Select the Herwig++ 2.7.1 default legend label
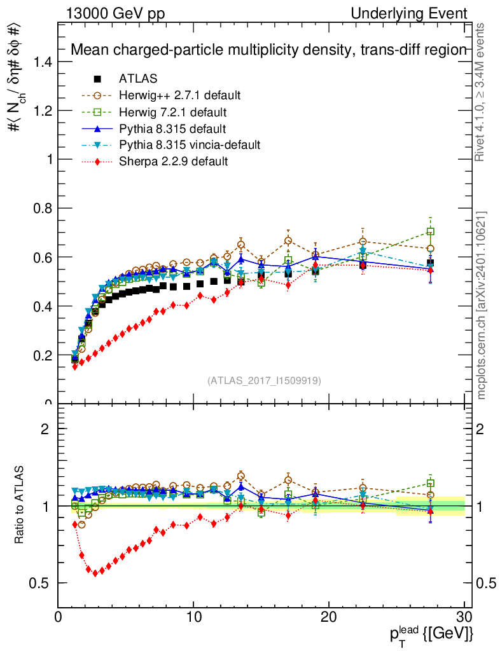(179, 95)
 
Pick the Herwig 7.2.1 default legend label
(173, 112)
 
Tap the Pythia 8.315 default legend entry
(172, 128)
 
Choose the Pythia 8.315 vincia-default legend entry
(190, 145)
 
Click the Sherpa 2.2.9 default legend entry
(173, 161)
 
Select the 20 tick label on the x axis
(329, 617)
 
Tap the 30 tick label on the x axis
(464, 617)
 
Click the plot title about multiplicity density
(268, 50)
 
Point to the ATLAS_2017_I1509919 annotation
(264, 381)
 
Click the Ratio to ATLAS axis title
(20, 505)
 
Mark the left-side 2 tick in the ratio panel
(45, 429)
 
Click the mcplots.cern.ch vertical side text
(482, 305)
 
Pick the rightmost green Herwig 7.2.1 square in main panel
(431, 232)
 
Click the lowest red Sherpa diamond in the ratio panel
(95, 573)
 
